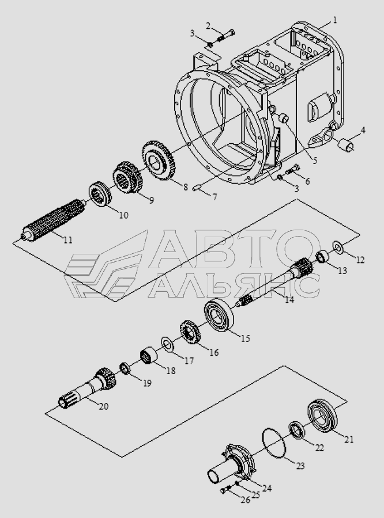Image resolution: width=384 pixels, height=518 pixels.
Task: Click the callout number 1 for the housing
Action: (334, 20)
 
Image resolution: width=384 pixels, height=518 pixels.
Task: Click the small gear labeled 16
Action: (189, 333)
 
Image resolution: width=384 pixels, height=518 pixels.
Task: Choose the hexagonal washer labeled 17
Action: (169, 345)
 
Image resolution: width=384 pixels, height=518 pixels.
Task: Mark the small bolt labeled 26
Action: (225, 490)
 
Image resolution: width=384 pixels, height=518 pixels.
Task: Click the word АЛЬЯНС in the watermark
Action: (234, 285)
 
